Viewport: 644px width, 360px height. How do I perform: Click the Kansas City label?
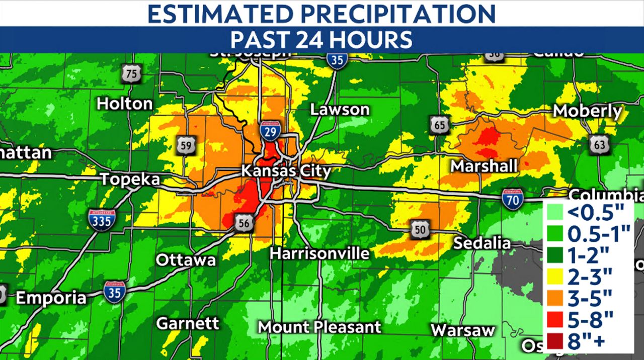point(286,171)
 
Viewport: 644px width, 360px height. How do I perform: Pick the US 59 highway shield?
point(186,145)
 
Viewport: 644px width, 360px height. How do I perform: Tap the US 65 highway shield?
point(440,125)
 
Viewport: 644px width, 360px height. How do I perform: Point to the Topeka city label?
point(130,179)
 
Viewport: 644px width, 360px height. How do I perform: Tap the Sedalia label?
point(482,243)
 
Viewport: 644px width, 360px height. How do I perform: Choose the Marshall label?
point(484,166)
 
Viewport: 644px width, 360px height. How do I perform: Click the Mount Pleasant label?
point(319,327)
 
